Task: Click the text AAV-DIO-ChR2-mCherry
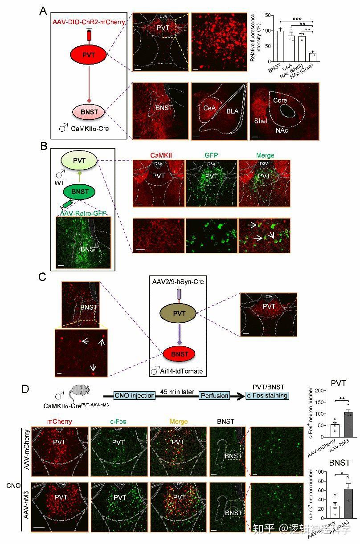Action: click(x=88, y=22)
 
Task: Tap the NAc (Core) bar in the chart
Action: click(x=312, y=57)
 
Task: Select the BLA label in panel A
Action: click(x=232, y=111)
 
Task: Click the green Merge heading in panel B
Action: click(x=265, y=155)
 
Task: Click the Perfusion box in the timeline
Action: click(x=215, y=395)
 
